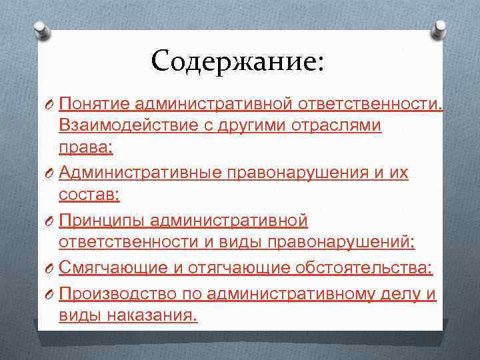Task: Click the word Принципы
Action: [102, 219]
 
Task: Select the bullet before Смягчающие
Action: [48, 268]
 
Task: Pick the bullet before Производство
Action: [48, 293]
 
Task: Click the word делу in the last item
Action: [396, 293]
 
